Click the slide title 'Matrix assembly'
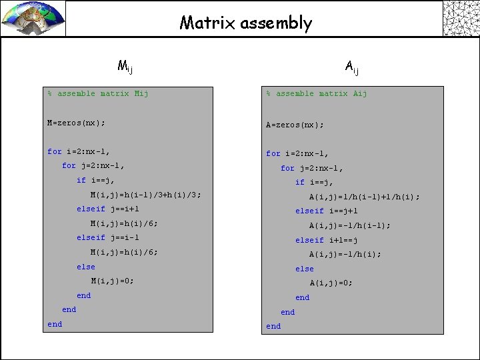pyautogui.click(x=245, y=23)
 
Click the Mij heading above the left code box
pyautogui.click(x=125, y=65)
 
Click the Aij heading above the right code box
pyautogui.click(x=353, y=65)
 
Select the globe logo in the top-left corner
pyautogui.click(x=33, y=18)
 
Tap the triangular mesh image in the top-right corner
pyautogui.click(x=461, y=18)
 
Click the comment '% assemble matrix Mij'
pyautogui.click(x=98, y=94)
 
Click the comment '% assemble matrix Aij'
pyautogui.click(x=317, y=94)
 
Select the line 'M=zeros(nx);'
pyautogui.click(x=76, y=123)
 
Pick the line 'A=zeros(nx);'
pyautogui.click(x=295, y=125)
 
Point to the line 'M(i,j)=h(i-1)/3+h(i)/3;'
pyautogui.click(x=145, y=195)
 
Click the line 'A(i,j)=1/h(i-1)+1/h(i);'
pyautogui.click(x=364, y=197)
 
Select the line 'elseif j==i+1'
pyautogui.click(x=117, y=209)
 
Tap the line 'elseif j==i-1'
pyautogui.click(x=117, y=238)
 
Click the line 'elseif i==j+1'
pyautogui.click(x=335, y=211)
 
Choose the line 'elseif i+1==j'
pyautogui.click(x=335, y=240)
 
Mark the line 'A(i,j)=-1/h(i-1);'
pyautogui.click(x=350, y=226)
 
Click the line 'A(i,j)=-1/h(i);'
pyautogui.click(x=345, y=255)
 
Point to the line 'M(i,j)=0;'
pyautogui.click(x=112, y=281)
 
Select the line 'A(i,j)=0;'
pyautogui.click(x=331, y=283)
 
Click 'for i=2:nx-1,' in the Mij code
pyautogui.click(x=79, y=152)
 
